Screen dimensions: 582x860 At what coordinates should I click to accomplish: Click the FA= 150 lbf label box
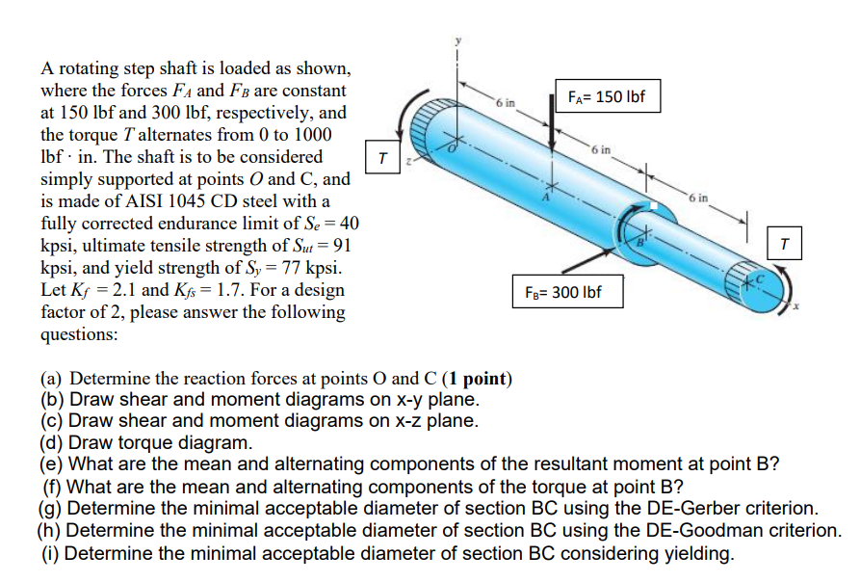(x=606, y=97)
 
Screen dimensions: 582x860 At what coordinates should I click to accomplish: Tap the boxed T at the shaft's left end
(x=382, y=156)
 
